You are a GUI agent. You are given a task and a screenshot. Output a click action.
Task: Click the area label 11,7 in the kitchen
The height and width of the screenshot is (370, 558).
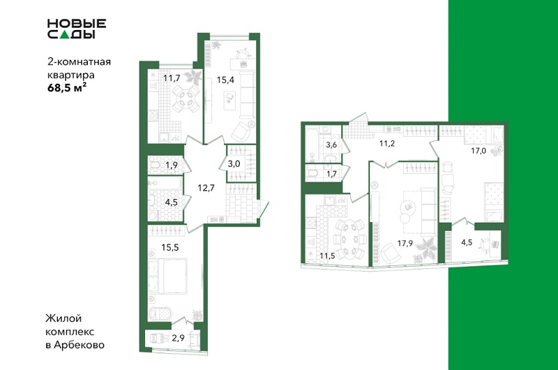tap(172, 77)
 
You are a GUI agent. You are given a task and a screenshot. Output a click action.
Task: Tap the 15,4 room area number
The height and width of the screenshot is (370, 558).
tap(225, 80)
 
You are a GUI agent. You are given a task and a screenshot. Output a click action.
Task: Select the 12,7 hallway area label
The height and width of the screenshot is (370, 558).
tap(206, 188)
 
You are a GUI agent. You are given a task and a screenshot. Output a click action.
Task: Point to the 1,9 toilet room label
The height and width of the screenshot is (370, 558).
tap(171, 165)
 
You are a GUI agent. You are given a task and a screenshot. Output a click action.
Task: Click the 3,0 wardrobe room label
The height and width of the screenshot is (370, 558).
tap(234, 164)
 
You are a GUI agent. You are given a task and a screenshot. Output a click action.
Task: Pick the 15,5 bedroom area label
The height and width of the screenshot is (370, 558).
tap(169, 247)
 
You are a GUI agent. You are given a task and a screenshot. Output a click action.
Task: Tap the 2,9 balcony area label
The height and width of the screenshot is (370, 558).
tap(178, 338)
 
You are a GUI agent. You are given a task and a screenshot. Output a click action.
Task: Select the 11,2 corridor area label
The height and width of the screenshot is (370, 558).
tap(387, 144)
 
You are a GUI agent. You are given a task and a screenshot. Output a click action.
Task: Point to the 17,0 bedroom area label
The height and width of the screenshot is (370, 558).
tap(478, 151)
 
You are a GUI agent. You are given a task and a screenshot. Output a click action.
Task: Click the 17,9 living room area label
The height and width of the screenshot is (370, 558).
tap(405, 243)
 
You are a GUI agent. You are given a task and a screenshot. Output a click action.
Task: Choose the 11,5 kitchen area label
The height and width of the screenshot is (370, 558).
tap(327, 256)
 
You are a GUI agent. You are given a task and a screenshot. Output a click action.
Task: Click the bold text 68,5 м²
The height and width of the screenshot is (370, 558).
tap(67, 88)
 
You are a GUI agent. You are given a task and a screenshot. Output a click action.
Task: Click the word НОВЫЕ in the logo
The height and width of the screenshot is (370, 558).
tap(77, 24)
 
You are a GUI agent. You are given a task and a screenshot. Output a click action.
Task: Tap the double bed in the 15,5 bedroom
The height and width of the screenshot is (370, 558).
tap(167, 276)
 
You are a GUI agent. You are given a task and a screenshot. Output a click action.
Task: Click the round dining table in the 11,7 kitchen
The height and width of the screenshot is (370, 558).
tap(186, 97)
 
